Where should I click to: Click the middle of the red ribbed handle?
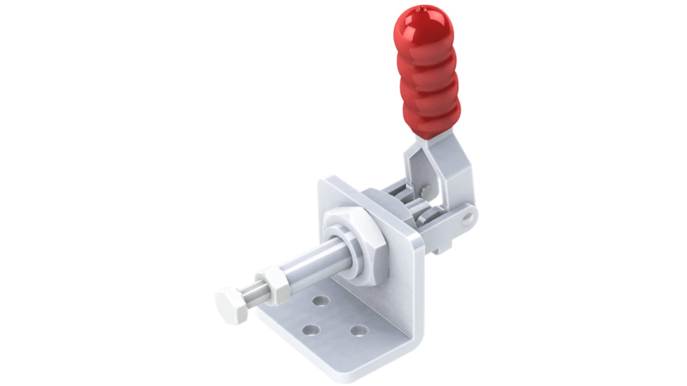(424, 77)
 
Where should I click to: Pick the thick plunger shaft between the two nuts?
(314, 266)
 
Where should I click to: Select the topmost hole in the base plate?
(320, 301)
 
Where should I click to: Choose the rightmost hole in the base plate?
(358, 331)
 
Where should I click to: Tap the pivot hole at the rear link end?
(466, 221)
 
